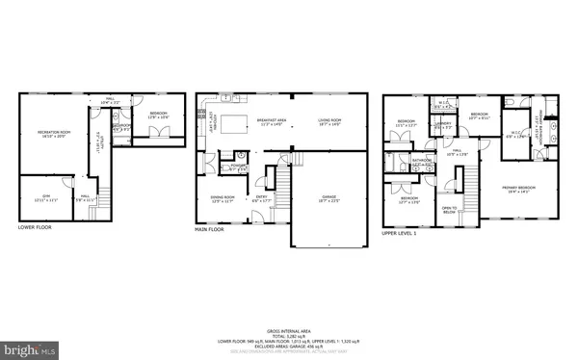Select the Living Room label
click(x=330, y=121)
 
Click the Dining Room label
click(x=223, y=197)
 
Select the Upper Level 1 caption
click(x=402, y=233)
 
